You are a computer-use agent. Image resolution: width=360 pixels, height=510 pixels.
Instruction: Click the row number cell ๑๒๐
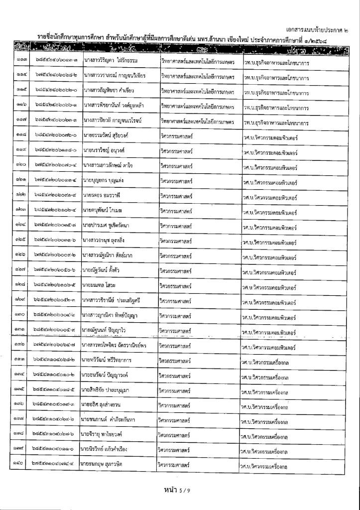[21, 164]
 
